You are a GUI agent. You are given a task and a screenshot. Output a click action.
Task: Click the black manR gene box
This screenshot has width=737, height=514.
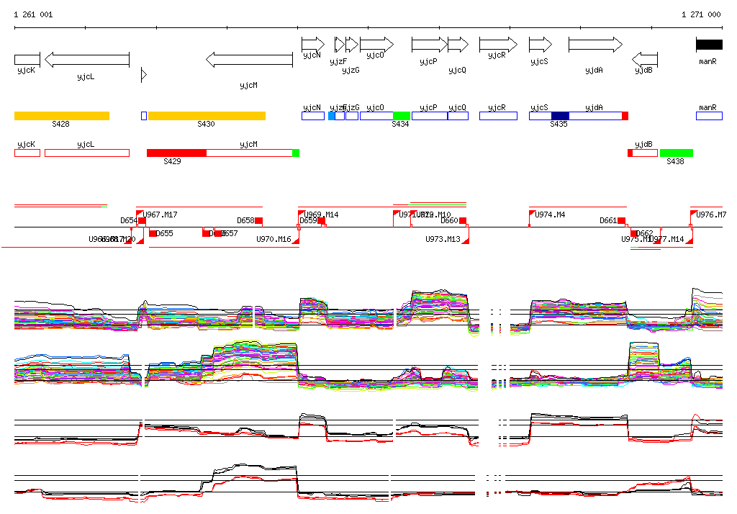coord(709,45)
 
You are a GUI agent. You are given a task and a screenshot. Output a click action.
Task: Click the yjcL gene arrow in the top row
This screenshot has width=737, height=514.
coord(86,59)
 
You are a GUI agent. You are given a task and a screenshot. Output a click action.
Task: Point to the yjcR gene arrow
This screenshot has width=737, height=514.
coord(498,45)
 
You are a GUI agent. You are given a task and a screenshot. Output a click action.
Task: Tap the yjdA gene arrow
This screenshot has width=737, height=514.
coord(595,45)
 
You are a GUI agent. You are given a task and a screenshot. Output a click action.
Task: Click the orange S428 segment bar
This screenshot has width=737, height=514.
coord(62,116)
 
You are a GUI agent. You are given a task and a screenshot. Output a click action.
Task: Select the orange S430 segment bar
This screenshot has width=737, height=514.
coord(207,116)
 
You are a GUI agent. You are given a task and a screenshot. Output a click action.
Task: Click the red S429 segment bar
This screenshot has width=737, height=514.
coord(176,153)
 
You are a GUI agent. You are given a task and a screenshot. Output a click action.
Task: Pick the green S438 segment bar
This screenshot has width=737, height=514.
coord(677,153)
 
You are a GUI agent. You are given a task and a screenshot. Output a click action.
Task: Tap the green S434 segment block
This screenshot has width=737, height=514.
coord(402,116)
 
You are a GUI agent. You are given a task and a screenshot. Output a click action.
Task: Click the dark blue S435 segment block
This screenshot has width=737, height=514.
coord(560,116)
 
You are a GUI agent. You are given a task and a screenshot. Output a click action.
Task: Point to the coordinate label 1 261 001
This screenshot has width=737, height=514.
coord(33,14)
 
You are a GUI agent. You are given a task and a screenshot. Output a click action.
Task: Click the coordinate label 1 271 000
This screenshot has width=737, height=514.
coord(701,14)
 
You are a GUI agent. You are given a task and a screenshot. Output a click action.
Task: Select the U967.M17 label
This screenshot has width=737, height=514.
coord(160,215)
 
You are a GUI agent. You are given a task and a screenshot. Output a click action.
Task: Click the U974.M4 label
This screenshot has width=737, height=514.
coord(550,215)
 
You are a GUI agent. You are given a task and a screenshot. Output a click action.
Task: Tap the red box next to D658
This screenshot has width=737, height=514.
coord(259,221)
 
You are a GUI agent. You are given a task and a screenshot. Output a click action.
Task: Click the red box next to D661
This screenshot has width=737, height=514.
coord(622,221)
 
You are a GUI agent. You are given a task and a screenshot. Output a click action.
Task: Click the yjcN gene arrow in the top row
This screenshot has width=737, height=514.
coord(313,45)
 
